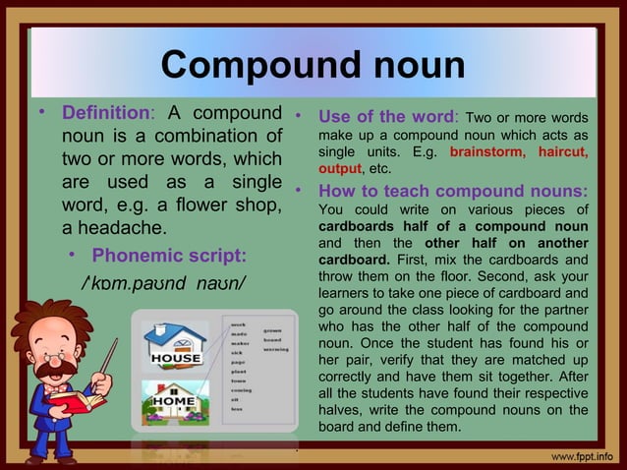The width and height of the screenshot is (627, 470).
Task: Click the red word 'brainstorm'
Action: click(x=487, y=152)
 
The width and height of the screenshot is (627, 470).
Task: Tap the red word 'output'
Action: click(x=340, y=169)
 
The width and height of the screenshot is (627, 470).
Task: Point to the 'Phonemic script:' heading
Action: click(x=168, y=257)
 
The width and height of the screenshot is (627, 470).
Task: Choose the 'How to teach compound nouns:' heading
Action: click(x=453, y=189)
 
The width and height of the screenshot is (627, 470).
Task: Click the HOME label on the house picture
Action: click(x=173, y=402)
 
